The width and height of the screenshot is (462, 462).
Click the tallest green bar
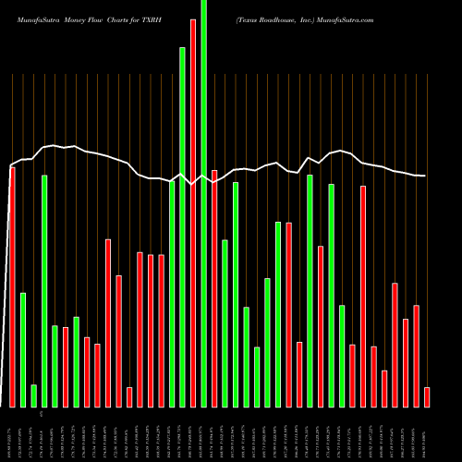click(x=203, y=203)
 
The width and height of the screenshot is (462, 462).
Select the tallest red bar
click(x=193, y=213)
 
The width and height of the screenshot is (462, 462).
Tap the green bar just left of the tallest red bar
click(x=183, y=226)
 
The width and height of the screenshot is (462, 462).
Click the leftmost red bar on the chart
click(x=12, y=286)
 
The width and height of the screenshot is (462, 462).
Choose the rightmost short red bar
click(x=427, y=397)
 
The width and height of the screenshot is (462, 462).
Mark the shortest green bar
click(x=33, y=395)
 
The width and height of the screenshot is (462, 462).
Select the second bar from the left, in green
click(x=23, y=349)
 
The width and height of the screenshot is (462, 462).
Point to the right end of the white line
click(x=425, y=176)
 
